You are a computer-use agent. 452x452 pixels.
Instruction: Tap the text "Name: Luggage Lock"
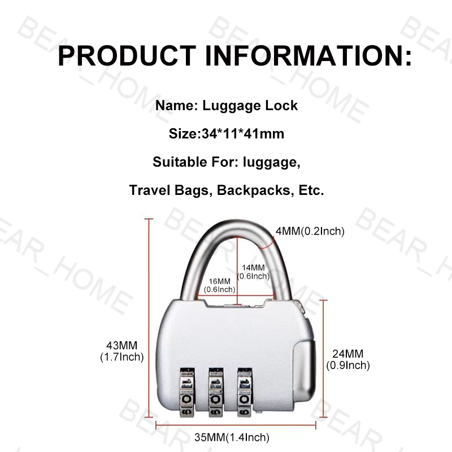(x=226, y=106)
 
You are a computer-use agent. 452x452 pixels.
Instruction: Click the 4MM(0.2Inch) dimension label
(x=310, y=231)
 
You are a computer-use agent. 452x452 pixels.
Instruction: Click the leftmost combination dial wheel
(x=187, y=393)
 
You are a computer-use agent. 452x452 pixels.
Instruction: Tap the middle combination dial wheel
(x=215, y=393)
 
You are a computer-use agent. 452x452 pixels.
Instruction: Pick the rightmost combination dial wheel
(x=244, y=393)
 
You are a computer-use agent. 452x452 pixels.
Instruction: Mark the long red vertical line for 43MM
(x=150, y=322)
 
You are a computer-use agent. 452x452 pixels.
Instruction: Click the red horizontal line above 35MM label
(x=235, y=424)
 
